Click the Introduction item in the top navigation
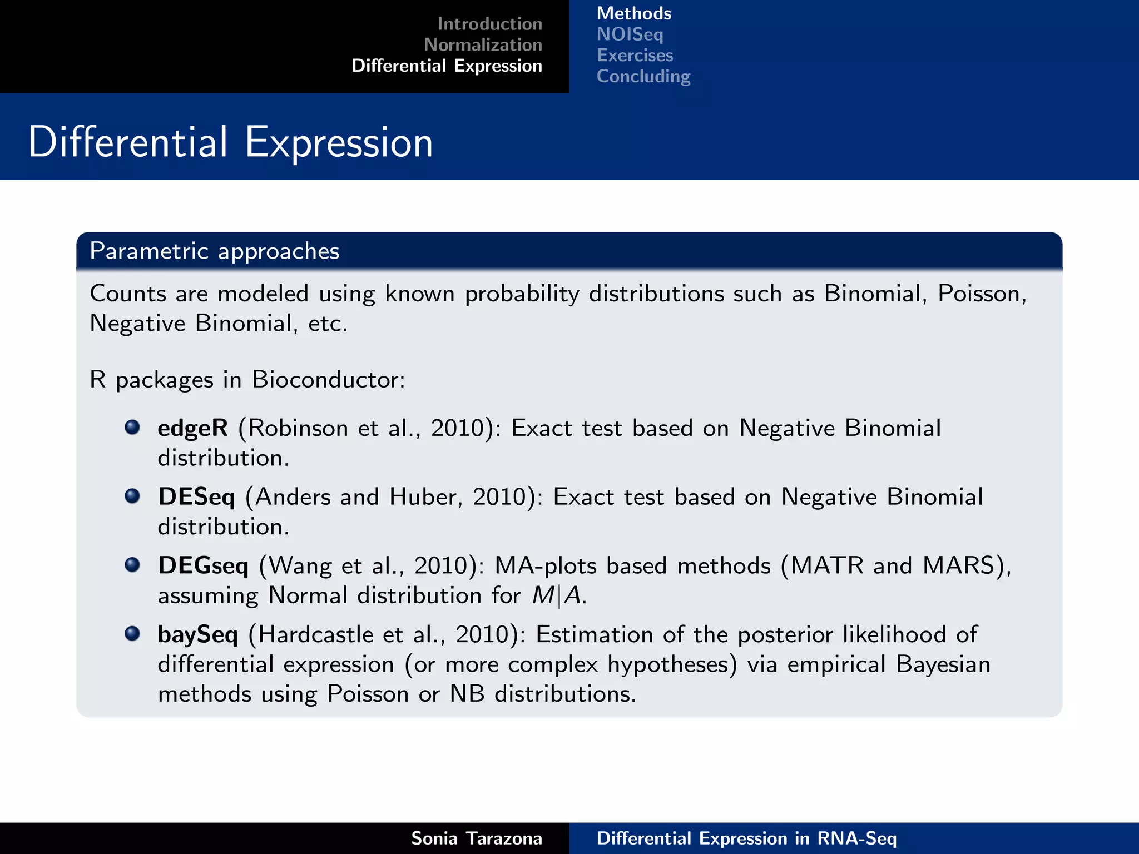(489, 24)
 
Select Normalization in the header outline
(483, 44)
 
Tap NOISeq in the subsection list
(630, 34)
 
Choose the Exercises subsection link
(635, 56)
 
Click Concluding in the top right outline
(643, 76)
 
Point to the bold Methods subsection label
(633, 13)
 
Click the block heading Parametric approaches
(214, 251)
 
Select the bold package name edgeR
(192, 428)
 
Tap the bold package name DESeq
(196, 497)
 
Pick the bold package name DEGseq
(203, 566)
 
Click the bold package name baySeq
(197, 635)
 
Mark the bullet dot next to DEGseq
(132, 565)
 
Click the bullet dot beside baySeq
(132, 633)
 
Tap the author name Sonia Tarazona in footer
(476, 838)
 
